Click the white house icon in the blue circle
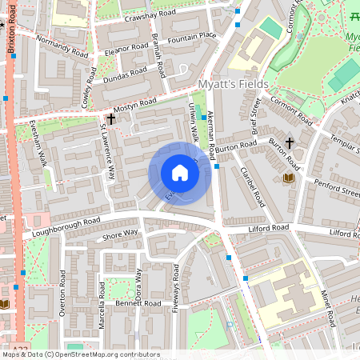point(180,173)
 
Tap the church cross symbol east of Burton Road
point(289,142)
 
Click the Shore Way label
point(120,235)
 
